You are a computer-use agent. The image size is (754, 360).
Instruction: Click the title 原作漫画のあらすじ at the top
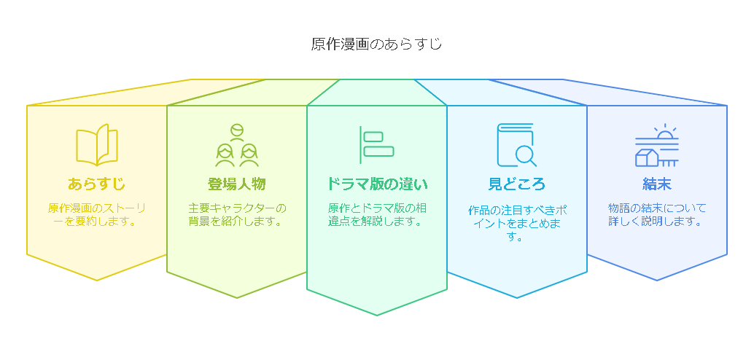pos(376,44)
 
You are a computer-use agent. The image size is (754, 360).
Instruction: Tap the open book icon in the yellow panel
pos(97,145)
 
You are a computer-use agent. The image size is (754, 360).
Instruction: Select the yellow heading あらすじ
pos(97,184)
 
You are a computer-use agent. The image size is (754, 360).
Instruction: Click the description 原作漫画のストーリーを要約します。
pos(97,215)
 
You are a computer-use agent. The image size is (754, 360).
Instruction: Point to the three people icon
pos(236,145)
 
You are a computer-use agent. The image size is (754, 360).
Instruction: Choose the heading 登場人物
pos(236,184)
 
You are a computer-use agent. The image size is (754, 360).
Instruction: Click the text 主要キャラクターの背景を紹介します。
pos(236,215)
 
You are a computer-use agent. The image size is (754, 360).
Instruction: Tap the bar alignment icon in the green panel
pos(377,145)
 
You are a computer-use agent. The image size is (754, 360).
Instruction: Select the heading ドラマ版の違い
pos(377,184)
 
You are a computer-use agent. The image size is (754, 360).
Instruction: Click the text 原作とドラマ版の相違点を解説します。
pos(377,215)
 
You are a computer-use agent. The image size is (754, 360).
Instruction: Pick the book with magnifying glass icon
pos(517,145)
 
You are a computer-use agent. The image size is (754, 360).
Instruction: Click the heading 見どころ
pos(517,184)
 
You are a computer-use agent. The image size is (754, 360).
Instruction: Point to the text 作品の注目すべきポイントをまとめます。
pos(517,224)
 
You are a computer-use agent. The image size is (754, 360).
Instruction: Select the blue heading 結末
pos(657,184)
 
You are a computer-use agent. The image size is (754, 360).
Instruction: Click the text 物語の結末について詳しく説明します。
pos(657,215)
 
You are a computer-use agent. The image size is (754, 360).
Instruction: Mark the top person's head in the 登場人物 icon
pos(236,130)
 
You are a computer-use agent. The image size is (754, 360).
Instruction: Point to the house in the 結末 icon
pos(647,157)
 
